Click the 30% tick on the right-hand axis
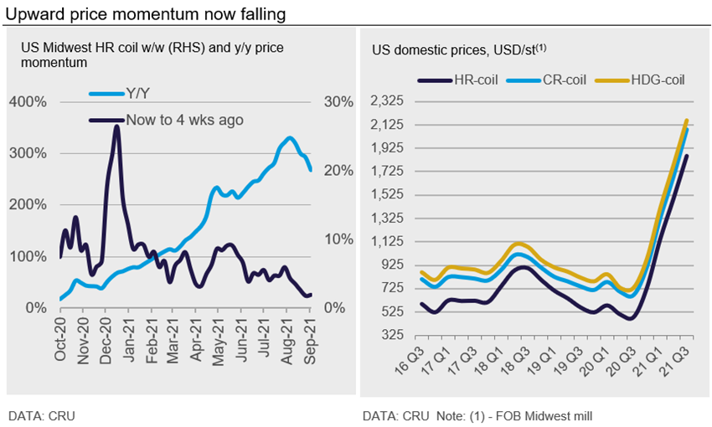[x=338, y=102]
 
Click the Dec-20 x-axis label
[x=108, y=342]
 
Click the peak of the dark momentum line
[x=116, y=127]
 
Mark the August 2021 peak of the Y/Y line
[x=289, y=137]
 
